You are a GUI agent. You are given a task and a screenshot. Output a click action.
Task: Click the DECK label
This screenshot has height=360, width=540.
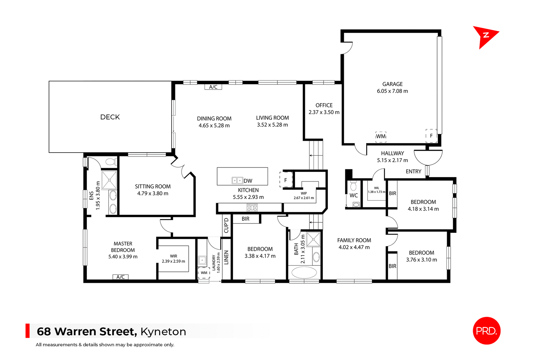pyautogui.click(x=110, y=117)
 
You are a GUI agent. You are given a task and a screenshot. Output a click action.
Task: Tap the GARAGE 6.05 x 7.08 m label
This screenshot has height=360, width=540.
pyautogui.click(x=392, y=87)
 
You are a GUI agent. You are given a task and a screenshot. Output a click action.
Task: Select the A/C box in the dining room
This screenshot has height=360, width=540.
pyautogui.click(x=213, y=87)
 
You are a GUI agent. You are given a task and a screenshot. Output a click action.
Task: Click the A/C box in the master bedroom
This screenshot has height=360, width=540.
pyautogui.click(x=120, y=277)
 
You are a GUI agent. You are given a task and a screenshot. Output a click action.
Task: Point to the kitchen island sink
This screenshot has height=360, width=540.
pyautogui.click(x=237, y=180)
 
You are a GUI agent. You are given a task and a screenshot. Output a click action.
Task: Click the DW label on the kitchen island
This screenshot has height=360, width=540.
pyautogui.click(x=248, y=181)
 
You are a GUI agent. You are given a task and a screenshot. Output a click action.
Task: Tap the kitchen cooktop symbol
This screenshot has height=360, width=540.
pyautogui.click(x=252, y=208)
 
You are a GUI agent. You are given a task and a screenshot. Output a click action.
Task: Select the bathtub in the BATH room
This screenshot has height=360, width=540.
pyautogui.click(x=304, y=272)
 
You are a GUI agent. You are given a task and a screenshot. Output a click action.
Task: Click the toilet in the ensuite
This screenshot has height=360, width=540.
pyautogui.click(x=110, y=162)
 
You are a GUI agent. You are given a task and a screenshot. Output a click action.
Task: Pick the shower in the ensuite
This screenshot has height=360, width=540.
pyautogui.click(x=109, y=180)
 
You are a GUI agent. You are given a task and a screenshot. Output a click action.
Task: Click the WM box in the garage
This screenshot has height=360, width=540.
pyautogui.click(x=381, y=136)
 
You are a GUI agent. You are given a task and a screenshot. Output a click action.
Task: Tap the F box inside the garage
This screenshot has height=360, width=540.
pyautogui.click(x=431, y=136)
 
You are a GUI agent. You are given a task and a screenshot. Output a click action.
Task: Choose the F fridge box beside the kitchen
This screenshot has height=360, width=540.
pyautogui.click(x=286, y=180)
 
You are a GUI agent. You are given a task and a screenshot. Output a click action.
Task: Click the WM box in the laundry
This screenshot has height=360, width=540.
pyautogui.click(x=204, y=273)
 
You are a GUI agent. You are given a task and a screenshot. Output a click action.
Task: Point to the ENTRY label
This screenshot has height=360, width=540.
pyautogui.click(x=413, y=171)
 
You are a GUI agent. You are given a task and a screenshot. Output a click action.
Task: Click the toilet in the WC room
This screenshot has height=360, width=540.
pyautogui.click(x=354, y=186)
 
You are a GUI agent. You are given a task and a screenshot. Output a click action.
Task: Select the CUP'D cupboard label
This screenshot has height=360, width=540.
pyautogui.click(x=226, y=225)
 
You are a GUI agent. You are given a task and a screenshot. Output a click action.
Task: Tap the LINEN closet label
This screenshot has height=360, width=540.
pyautogui.click(x=226, y=257)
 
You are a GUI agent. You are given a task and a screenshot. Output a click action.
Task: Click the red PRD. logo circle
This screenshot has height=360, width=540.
pyautogui.click(x=487, y=331)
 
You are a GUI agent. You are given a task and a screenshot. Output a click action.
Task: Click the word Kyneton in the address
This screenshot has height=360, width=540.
pyautogui.click(x=163, y=332)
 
